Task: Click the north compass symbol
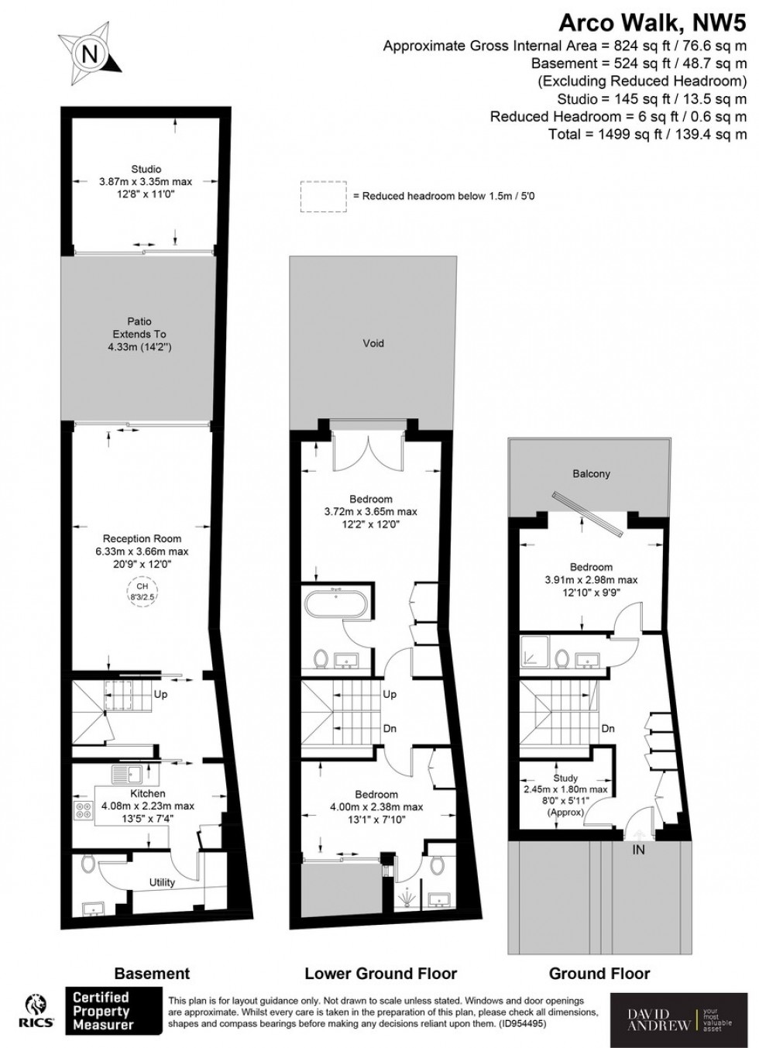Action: [90, 53]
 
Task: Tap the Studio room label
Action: [146, 170]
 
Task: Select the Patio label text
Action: [140, 321]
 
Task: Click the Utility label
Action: [163, 882]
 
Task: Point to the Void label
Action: [373, 343]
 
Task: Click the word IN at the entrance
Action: [639, 850]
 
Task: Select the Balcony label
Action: [591, 474]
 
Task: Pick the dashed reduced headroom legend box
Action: [324, 197]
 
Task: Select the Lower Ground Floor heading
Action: [380, 974]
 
